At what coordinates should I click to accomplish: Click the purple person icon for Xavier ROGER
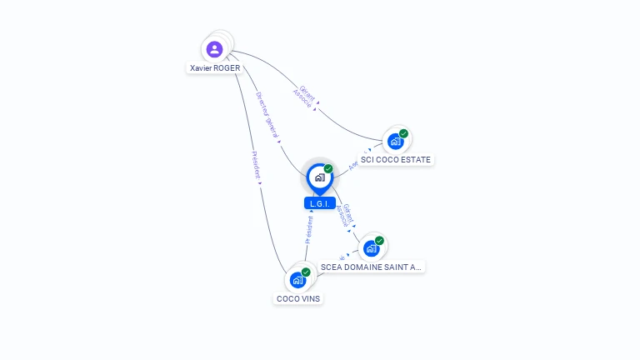click(x=215, y=49)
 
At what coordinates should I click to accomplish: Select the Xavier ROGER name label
click(x=214, y=68)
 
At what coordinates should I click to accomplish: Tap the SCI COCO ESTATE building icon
click(x=395, y=142)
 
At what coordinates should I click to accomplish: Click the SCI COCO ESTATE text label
click(x=396, y=159)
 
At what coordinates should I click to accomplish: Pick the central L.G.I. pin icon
click(x=319, y=177)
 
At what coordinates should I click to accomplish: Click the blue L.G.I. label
click(x=319, y=203)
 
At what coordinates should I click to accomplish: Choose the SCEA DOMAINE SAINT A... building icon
click(x=371, y=248)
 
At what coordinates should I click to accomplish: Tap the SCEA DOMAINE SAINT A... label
click(x=372, y=267)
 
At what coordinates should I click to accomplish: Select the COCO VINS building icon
click(x=297, y=280)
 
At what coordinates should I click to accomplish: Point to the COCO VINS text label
click(x=298, y=298)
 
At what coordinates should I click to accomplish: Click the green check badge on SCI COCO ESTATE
click(x=403, y=133)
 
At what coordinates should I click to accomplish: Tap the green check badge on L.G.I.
click(x=328, y=168)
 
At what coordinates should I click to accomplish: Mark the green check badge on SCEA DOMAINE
click(x=379, y=241)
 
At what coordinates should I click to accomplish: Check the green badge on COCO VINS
click(x=306, y=272)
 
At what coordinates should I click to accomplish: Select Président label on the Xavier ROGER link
click(x=257, y=165)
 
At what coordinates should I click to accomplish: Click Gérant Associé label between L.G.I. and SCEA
click(x=344, y=215)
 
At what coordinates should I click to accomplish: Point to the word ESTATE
click(x=416, y=159)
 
